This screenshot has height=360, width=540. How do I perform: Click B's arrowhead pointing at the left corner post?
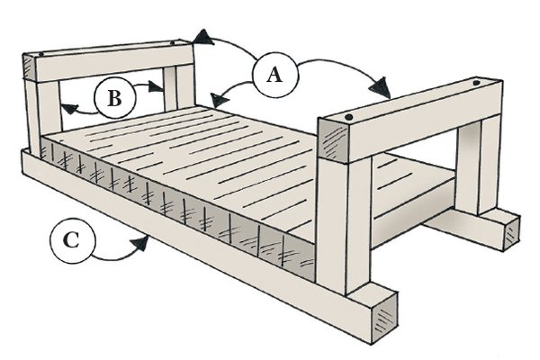65,110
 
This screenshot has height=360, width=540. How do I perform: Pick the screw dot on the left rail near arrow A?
172,41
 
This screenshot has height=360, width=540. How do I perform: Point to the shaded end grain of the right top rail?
334,139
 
